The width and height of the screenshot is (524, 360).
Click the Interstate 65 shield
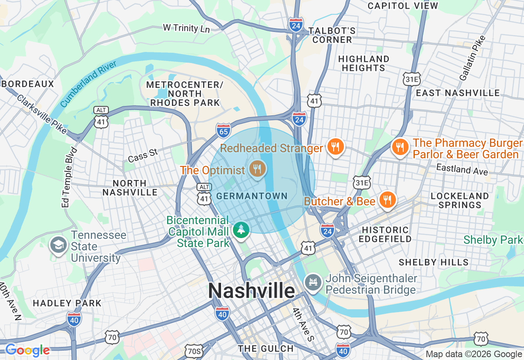[x=224, y=130]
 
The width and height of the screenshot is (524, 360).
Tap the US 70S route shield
[x=193, y=351]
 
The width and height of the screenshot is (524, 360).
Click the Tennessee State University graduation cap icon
[x=58, y=245]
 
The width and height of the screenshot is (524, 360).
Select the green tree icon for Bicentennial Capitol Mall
[x=241, y=229]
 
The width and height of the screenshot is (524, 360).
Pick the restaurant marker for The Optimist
[x=257, y=168]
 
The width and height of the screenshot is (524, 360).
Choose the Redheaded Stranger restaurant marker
[x=335, y=146]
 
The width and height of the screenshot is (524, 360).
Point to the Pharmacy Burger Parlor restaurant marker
[x=400, y=146]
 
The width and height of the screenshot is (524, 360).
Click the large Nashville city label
[x=251, y=291]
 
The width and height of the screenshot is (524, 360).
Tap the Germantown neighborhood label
[x=252, y=196]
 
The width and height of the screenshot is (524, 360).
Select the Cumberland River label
[x=88, y=83]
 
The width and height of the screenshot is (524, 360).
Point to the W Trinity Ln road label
[x=186, y=28]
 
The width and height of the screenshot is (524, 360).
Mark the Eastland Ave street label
[x=462, y=169]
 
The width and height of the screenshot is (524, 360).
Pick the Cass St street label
[x=142, y=155]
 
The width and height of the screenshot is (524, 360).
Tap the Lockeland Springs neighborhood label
[x=460, y=200]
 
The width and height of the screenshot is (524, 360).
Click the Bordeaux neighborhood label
[x=27, y=84]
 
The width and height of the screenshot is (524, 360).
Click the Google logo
[x=27, y=350]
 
